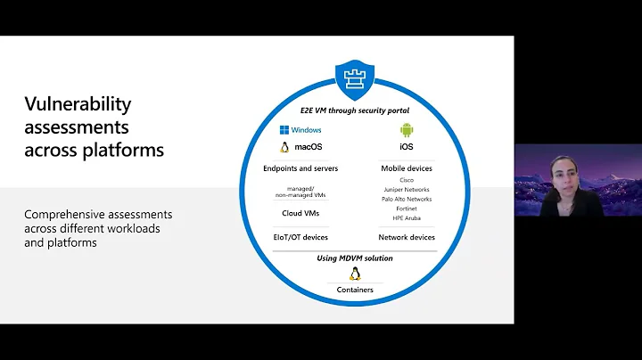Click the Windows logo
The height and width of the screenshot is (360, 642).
click(x=284, y=130)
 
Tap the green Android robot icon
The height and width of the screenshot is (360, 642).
click(x=407, y=130)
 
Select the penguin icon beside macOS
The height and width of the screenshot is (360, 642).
click(x=284, y=147)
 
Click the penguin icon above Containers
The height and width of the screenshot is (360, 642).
click(x=354, y=274)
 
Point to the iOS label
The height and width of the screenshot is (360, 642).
click(x=407, y=147)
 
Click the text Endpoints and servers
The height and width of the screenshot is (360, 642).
click(x=300, y=168)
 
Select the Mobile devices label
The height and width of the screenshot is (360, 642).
click(x=407, y=168)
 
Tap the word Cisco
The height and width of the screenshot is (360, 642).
click(x=407, y=179)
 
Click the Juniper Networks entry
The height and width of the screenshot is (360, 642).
click(x=407, y=189)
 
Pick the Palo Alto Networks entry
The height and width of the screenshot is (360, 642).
click(x=407, y=200)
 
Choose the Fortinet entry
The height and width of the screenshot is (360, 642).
click(x=407, y=209)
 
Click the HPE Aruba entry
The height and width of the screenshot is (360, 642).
click(x=407, y=219)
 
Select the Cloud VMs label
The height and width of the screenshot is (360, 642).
click(x=300, y=213)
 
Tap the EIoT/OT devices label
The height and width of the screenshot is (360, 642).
click(x=300, y=237)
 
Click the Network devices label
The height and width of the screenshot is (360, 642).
click(x=407, y=237)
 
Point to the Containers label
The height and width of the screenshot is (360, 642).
click(x=355, y=290)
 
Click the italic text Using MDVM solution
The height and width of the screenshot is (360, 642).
click(x=355, y=258)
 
